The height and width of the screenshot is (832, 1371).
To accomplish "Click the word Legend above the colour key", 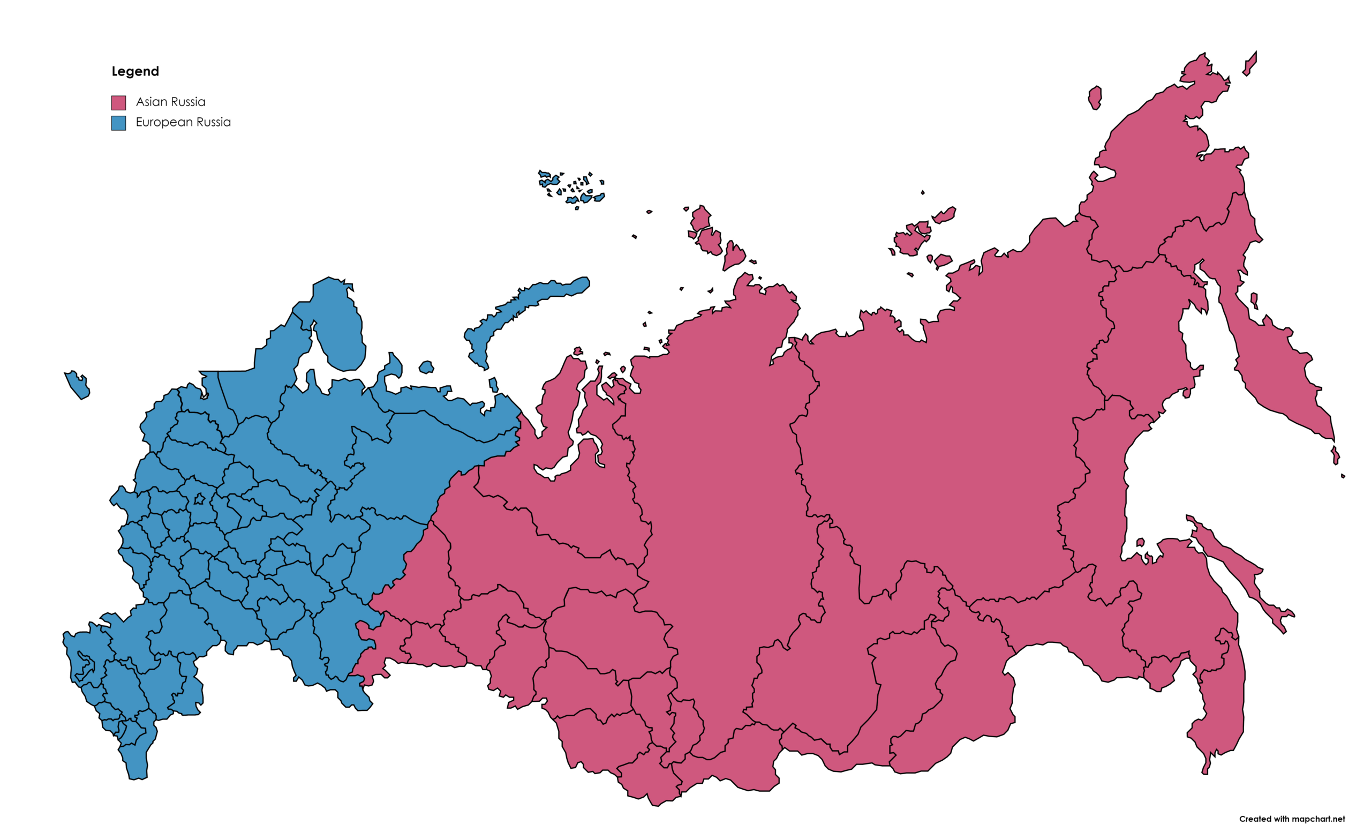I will coord(135,71).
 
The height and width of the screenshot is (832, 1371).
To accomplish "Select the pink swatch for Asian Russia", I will coord(118,102).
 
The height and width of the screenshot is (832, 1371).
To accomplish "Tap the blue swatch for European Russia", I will coord(118,123).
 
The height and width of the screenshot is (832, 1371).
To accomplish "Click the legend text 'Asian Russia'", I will coord(170,102).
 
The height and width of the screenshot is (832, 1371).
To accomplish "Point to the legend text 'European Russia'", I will coord(183,122).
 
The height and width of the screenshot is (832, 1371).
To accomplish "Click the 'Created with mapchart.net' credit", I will coord(1291,819).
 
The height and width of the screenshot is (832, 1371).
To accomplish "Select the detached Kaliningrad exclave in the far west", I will coord(77,385).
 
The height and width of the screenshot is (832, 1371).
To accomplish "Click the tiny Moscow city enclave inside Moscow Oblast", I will coord(199,499).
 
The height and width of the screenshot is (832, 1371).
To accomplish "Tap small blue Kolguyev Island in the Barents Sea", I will coord(426,368).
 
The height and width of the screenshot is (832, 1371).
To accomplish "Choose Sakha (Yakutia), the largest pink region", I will coord(946,445).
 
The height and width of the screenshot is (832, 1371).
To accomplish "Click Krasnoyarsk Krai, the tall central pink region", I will coord(724,501).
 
